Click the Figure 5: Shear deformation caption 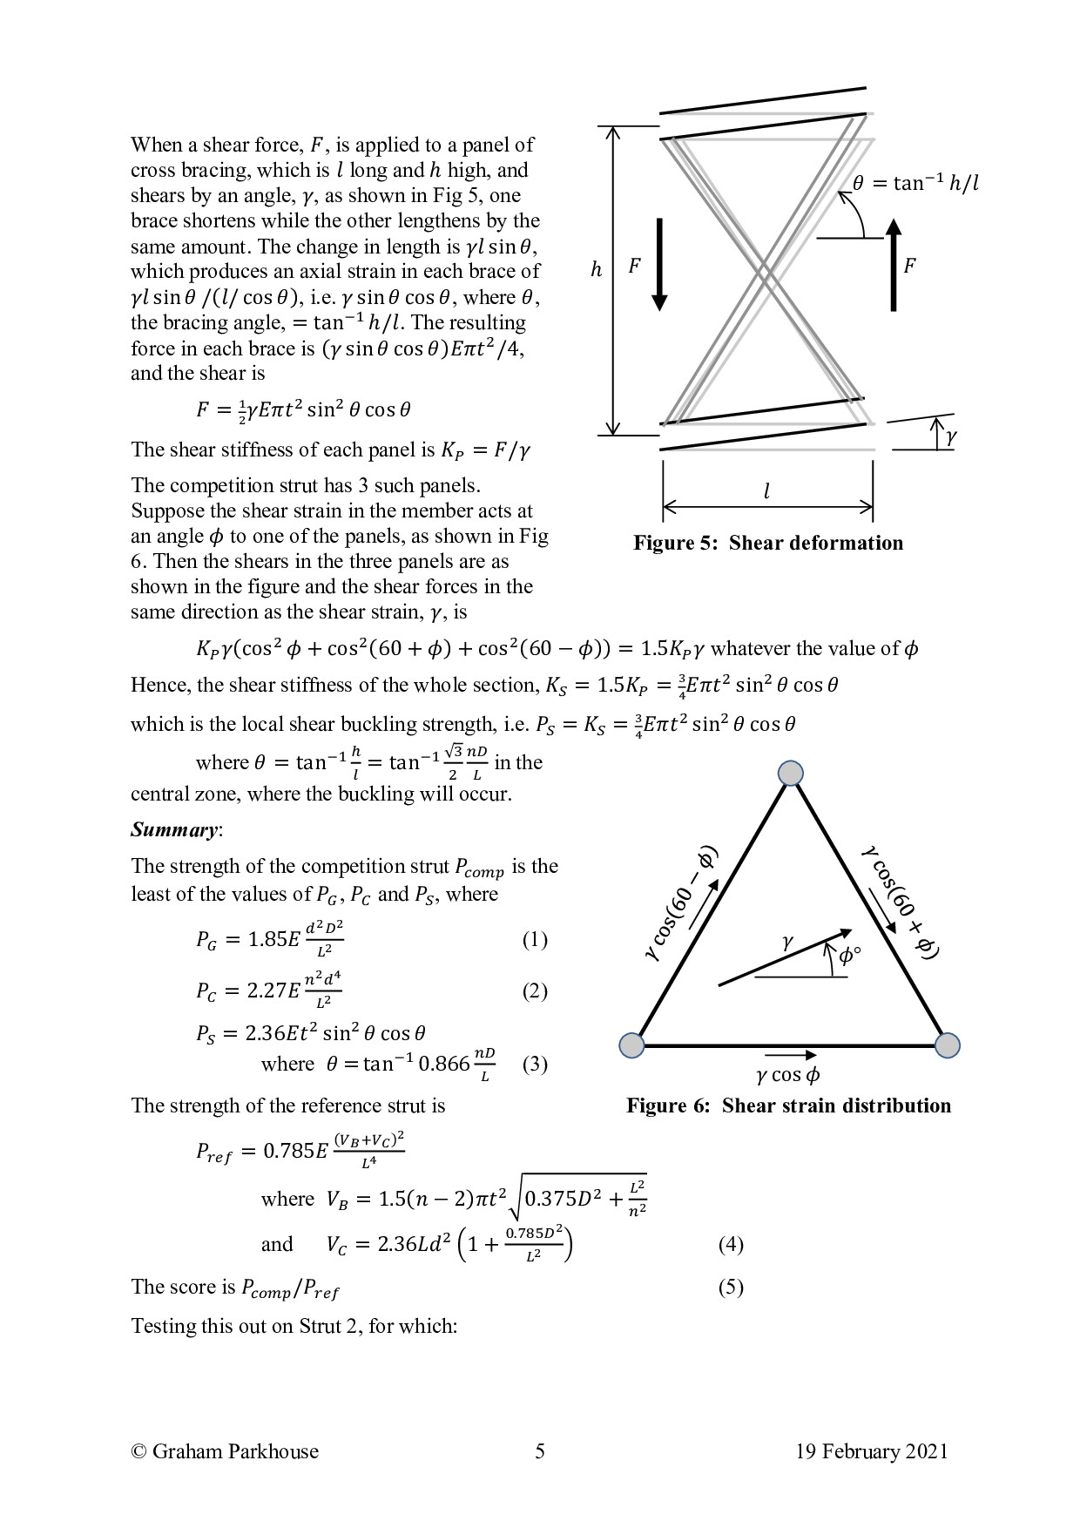click(x=767, y=544)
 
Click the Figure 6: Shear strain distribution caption click(x=788, y=1106)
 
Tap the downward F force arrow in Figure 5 click(x=659, y=264)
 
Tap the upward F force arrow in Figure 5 click(x=894, y=264)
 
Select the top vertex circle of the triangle click(x=790, y=773)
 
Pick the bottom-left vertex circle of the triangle click(x=631, y=1045)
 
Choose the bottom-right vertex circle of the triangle click(x=947, y=1045)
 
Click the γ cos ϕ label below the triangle click(x=787, y=1076)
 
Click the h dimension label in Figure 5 click(x=596, y=270)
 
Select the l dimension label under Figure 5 click(x=766, y=492)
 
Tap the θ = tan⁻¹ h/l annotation click(x=915, y=183)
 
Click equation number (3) click(x=535, y=1065)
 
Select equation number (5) click(x=731, y=1288)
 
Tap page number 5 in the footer click(x=540, y=1451)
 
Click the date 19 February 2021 click(x=871, y=1451)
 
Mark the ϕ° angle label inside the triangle click(x=849, y=957)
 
